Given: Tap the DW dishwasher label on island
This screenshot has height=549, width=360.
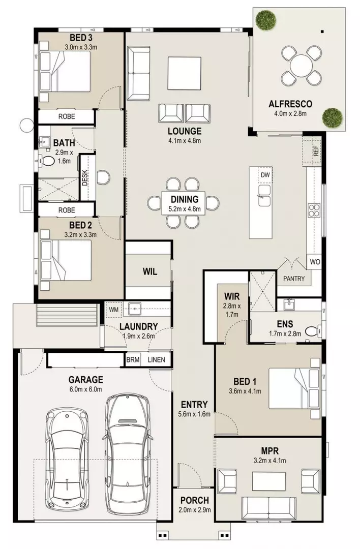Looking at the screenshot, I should pyautogui.click(x=264, y=175).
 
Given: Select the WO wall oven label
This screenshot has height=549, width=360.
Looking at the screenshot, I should pyautogui.click(x=315, y=262).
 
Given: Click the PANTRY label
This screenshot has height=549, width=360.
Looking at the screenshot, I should pyautogui.click(x=294, y=279).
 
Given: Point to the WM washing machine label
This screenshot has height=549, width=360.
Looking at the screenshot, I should pyautogui.click(x=113, y=309).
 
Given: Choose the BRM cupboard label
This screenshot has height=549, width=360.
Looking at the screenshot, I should pyautogui.click(x=133, y=360).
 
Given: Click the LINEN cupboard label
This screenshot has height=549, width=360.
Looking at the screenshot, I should pyautogui.click(x=156, y=360).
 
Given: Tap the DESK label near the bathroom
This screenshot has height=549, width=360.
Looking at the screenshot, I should pyautogui.click(x=85, y=177).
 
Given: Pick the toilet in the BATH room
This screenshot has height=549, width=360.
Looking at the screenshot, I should pyautogui.click(x=47, y=162).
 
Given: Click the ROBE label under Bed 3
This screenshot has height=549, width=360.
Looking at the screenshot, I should pyautogui.click(x=66, y=116).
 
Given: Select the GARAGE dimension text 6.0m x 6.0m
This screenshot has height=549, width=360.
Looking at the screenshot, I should pyautogui.click(x=86, y=389).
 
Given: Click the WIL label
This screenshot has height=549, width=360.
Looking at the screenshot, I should pyautogui.click(x=149, y=271).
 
